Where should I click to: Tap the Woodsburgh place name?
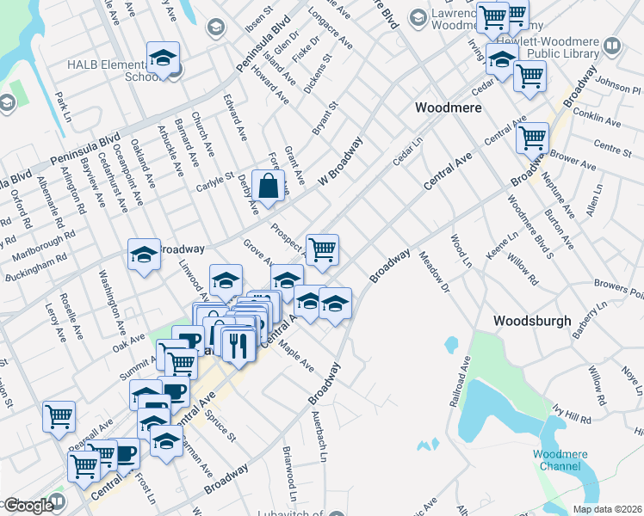pyautogui.click(x=532, y=320)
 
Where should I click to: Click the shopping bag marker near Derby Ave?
pyautogui.click(x=269, y=185)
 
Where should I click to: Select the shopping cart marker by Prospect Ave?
pyautogui.click(x=322, y=249)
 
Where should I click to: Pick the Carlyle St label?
pyautogui.click(x=218, y=177)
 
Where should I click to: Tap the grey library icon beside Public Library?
pyautogui.click(x=612, y=46)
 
